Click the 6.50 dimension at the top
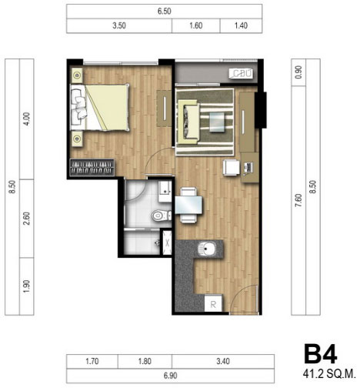point(165,12)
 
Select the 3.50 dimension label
point(119,25)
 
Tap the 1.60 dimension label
point(196,25)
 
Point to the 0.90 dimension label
point(298,72)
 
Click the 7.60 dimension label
point(298,200)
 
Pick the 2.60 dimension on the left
point(27,219)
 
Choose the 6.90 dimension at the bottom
point(171,376)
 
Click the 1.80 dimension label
point(145,361)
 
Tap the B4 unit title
point(320,354)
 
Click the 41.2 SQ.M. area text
point(329,374)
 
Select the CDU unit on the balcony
point(241,74)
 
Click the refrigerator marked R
point(213,303)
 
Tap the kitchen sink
point(207,249)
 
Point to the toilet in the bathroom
point(162,216)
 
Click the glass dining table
point(188,205)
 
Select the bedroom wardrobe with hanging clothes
point(92,168)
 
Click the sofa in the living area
point(189,121)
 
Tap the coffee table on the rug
point(218,122)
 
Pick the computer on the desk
point(248,168)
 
